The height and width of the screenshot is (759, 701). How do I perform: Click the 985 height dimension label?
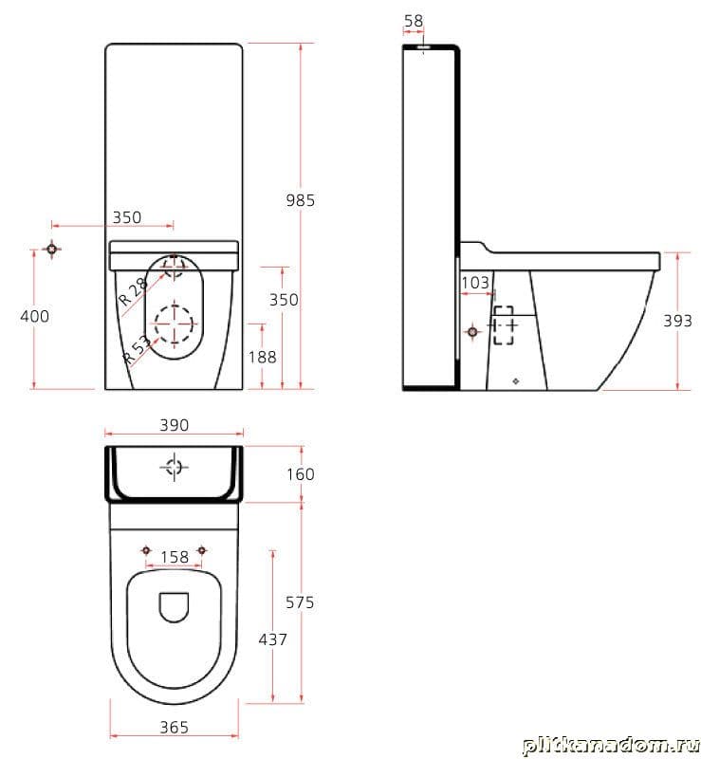coord(300,200)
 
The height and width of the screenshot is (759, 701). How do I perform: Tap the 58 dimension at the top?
coord(414,21)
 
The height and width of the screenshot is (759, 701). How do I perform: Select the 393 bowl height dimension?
coord(677,321)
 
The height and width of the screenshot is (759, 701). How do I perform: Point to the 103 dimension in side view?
coord(475,283)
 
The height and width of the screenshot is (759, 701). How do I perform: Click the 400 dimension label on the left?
coord(34,317)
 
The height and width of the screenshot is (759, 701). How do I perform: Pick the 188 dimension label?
coord(262,358)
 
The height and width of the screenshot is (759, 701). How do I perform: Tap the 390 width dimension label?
coord(174,425)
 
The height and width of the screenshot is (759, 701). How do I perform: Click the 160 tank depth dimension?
coord(300,474)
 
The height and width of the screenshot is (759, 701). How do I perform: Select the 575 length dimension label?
coord(300,602)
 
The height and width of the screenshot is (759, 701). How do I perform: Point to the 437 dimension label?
coord(272,639)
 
